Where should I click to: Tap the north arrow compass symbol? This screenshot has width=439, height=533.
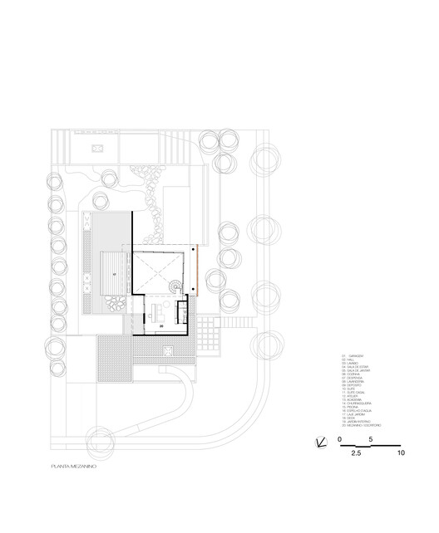click(x=322, y=443)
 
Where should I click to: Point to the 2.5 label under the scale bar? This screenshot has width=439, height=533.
click(x=357, y=454)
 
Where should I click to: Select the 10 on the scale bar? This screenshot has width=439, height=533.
click(x=400, y=454)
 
